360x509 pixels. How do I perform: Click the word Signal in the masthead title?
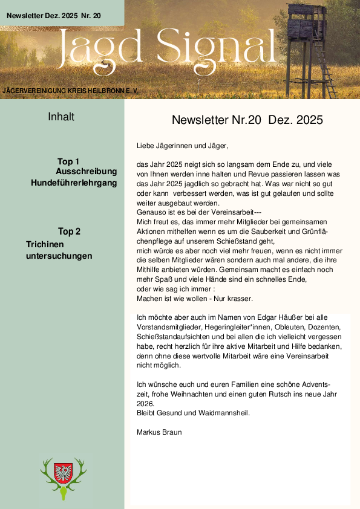click(217, 47)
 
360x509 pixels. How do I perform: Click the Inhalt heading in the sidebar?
click(61, 117)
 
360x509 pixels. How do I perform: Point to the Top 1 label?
click(68, 161)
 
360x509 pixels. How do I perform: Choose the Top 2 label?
click(69, 232)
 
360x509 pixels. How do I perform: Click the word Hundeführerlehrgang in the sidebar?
click(74, 182)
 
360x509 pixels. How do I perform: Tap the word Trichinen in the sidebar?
click(45, 245)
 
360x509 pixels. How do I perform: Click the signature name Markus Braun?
click(160, 432)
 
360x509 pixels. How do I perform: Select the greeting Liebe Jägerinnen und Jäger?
click(183, 146)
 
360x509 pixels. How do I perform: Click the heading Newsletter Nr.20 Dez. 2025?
click(247, 120)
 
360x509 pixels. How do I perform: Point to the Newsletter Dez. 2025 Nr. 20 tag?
click(54, 13)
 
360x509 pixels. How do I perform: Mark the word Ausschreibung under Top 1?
click(86, 172)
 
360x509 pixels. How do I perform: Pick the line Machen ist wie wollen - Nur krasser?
click(194, 299)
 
